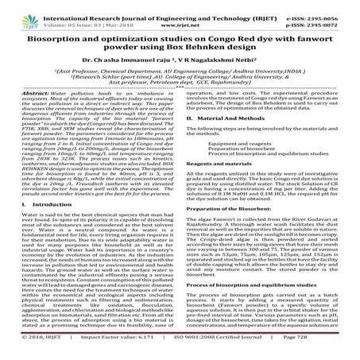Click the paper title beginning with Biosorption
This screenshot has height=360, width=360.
[180, 33]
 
